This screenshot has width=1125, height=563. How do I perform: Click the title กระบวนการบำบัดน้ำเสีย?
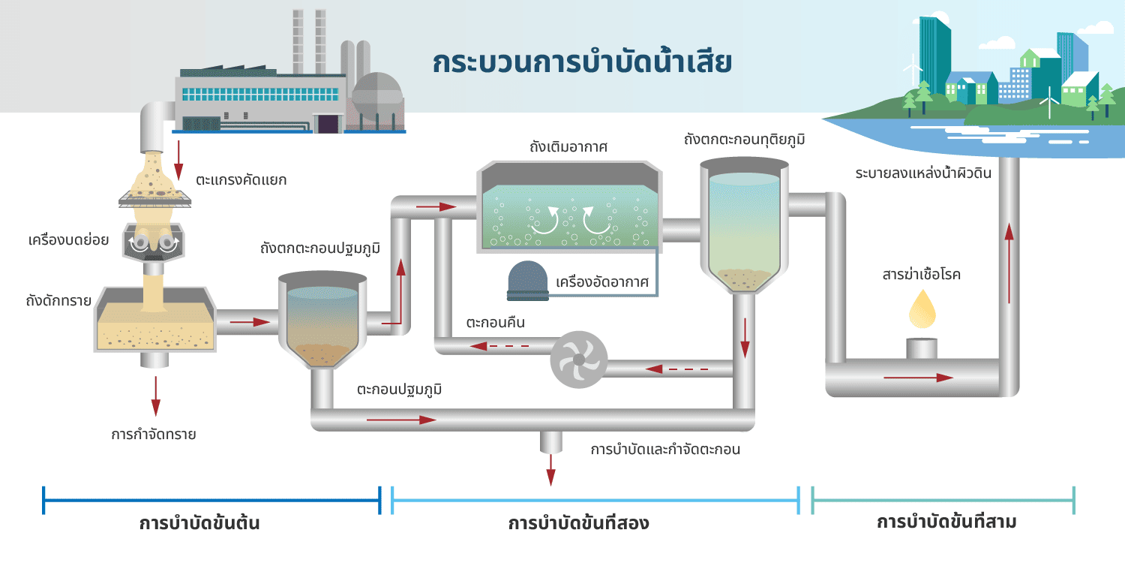(582, 63)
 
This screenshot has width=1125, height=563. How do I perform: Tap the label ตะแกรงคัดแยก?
(241, 180)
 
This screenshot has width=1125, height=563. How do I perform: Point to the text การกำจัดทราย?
(154, 434)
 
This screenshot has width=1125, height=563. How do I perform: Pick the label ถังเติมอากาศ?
(568, 146)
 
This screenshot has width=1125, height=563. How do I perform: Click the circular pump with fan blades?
(578, 360)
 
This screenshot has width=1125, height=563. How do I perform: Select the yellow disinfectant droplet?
(922, 309)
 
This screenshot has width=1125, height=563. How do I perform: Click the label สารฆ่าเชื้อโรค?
(922, 275)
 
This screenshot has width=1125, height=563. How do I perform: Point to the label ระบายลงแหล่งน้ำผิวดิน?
(923, 173)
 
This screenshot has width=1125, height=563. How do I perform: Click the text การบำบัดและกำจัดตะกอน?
(666, 450)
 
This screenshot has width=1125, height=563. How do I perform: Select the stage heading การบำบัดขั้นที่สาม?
(946, 522)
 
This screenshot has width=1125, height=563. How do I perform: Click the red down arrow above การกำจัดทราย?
(155, 396)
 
